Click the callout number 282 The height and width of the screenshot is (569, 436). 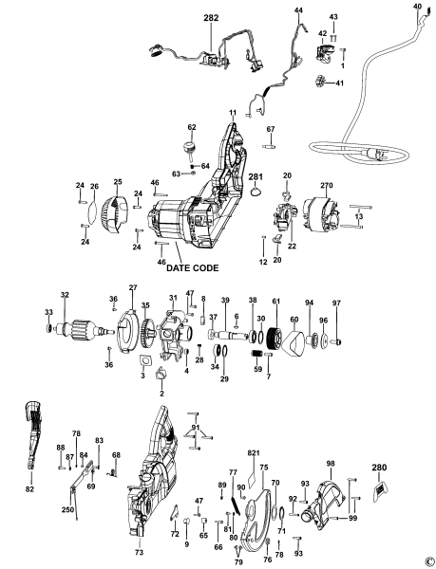click(x=209, y=18)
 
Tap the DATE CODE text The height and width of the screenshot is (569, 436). click(x=199, y=268)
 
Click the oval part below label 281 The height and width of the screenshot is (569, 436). click(x=256, y=193)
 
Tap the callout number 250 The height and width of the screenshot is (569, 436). click(x=68, y=510)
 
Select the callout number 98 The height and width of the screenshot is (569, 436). click(x=331, y=464)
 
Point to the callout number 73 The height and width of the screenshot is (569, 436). click(x=139, y=551)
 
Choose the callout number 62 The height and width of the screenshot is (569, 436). click(x=191, y=127)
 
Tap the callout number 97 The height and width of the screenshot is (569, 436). click(x=335, y=303)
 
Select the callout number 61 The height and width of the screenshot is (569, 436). click(x=275, y=301)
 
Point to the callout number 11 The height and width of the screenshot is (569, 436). click(x=232, y=113)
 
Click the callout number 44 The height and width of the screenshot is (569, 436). click(x=298, y=10)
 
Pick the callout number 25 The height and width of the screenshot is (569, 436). click(x=119, y=181)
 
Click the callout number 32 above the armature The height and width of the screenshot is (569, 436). click(x=64, y=296)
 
